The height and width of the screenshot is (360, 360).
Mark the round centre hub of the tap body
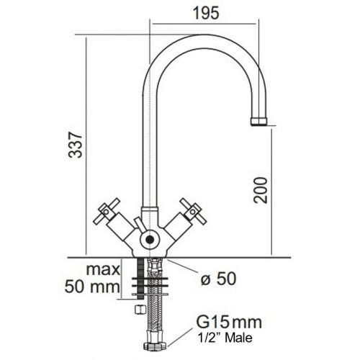(x=148, y=237)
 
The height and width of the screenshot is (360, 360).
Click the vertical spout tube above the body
(x=148, y=144)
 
